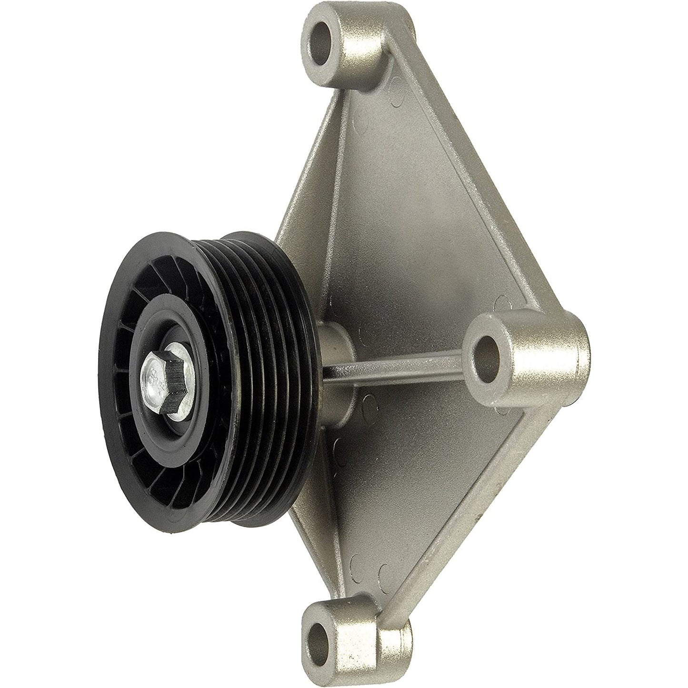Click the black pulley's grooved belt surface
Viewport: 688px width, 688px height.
pyautogui.click(x=267, y=362)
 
